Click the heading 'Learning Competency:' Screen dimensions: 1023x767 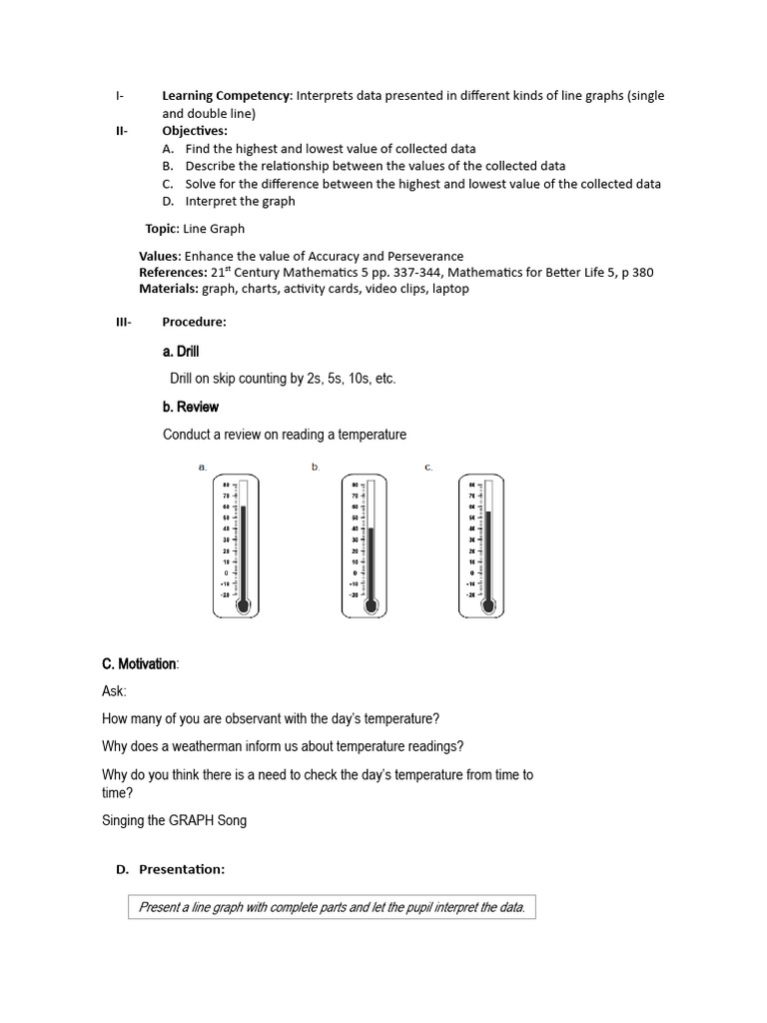227,96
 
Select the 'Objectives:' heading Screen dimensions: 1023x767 195,131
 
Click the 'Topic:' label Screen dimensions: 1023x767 162,229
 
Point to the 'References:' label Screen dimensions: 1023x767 173,273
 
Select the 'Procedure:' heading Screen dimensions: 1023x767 194,322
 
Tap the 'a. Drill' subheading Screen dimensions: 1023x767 181,352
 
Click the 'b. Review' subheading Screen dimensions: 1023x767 190,407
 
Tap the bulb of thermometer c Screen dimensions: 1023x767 487,605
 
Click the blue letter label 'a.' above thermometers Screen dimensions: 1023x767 203,467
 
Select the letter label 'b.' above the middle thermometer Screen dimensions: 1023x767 316,467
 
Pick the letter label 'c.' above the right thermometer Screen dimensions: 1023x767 428,467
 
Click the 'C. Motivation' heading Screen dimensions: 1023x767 139,664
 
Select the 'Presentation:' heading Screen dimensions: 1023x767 182,869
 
